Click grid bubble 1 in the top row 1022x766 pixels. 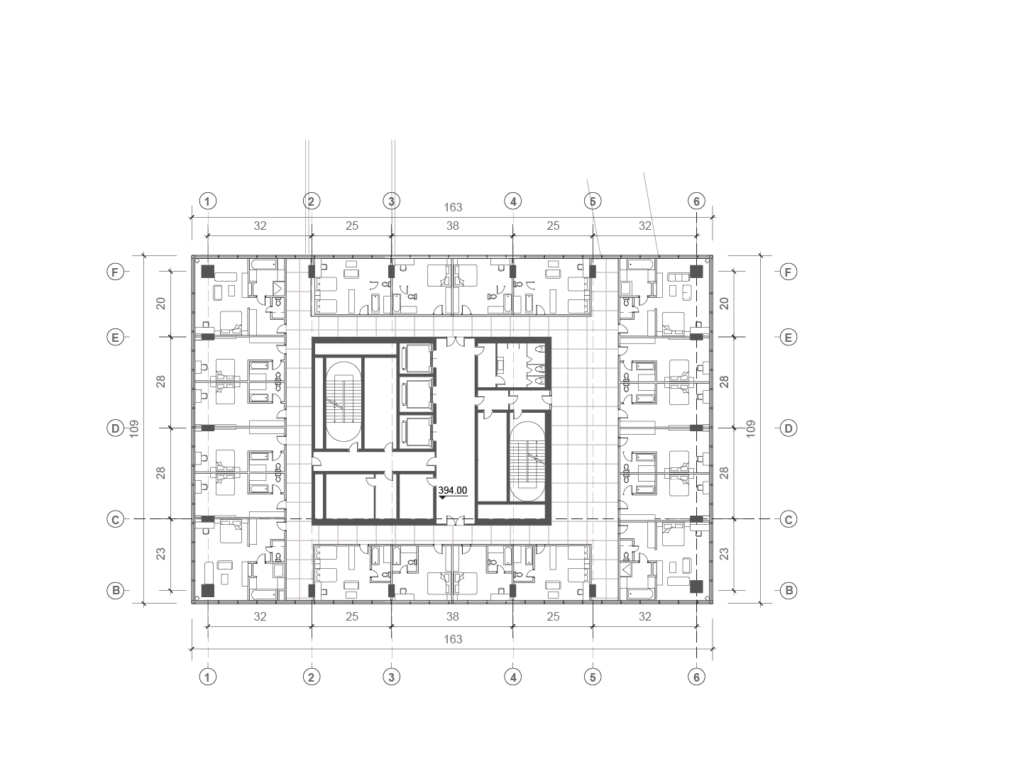coord(207,201)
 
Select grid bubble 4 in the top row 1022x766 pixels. coord(513,201)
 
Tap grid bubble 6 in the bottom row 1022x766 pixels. coord(696,677)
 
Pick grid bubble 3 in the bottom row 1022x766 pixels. coord(391,677)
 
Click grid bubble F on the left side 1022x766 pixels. coord(115,272)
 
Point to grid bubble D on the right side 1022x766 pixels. coord(788,428)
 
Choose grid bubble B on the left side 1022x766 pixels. coord(115,590)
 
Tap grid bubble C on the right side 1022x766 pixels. coord(788,519)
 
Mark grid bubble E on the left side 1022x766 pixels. coord(115,338)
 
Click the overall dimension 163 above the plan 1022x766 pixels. coord(453,208)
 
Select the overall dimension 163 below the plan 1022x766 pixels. coord(453,639)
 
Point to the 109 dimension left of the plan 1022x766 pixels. coord(135,428)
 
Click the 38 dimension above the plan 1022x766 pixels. coord(453,226)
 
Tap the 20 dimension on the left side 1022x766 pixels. coord(161,303)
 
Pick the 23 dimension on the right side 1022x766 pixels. coord(724,554)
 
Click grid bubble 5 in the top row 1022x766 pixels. coord(593,201)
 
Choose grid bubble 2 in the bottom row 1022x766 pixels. coord(311,677)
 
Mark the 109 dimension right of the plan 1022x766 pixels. coord(751,428)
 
